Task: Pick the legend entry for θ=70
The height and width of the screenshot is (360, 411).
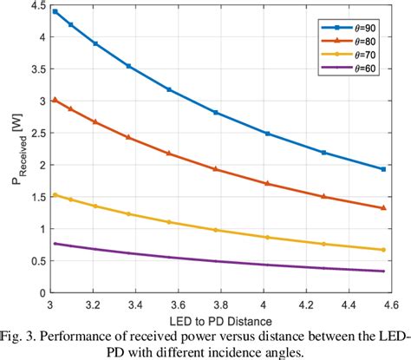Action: point(344,54)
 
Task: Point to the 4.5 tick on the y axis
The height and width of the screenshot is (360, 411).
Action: point(36,7)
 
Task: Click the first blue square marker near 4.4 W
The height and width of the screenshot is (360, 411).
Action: point(55,11)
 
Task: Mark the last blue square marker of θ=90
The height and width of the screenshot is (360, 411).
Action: point(382,169)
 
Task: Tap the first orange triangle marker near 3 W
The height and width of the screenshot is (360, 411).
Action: point(55,100)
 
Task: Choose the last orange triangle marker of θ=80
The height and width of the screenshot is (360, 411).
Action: point(382,208)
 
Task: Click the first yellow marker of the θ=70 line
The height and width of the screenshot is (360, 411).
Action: point(55,194)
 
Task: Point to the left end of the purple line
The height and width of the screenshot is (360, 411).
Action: point(55,243)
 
